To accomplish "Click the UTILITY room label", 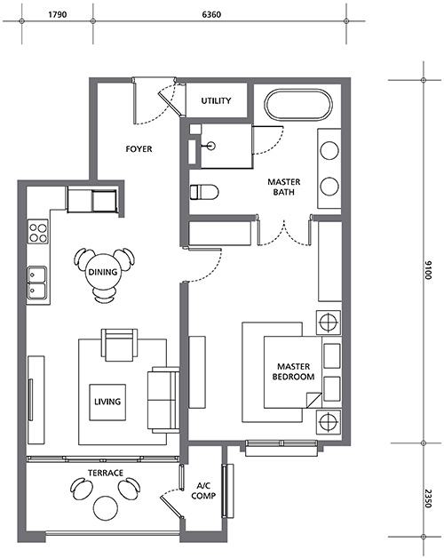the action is pyautogui.click(x=216, y=100).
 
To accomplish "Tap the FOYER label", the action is pyautogui.click(x=139, y=148).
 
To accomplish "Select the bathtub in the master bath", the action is pyautogui.click(x=298, y=105).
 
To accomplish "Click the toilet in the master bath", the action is pyautogui.click(x=204, y=192).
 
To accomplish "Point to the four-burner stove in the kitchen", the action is pyautogui.click(x=37, y=231).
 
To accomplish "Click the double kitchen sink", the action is pyautogui.click(x=37, y=285).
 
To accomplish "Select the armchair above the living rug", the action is pyautogui.click(x=120, y=345).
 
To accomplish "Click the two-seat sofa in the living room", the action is pyautogui.click(x=163, y=400).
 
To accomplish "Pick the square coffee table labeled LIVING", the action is pyautogui.click(x=107, y=403).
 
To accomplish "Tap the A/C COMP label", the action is pyautogui.click(x=203, y=490).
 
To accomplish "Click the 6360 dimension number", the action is pyautogui.click(x=211, y=14).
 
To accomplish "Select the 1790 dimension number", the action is pyautogui.click(x=58, y=14).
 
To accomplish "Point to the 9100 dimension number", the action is pyautogui.click(x=428, y=270).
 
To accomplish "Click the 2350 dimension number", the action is pyautogui.click(x=428, y=498).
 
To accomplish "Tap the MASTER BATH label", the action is pyautogui.click(x=284, y=187).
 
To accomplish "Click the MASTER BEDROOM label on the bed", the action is pyautogui.click(x=294, y=371).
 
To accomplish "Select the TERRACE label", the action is pyautogui.click(x=106, y=473).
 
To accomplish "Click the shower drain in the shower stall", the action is pyautogui.click(x=211, y=145).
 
